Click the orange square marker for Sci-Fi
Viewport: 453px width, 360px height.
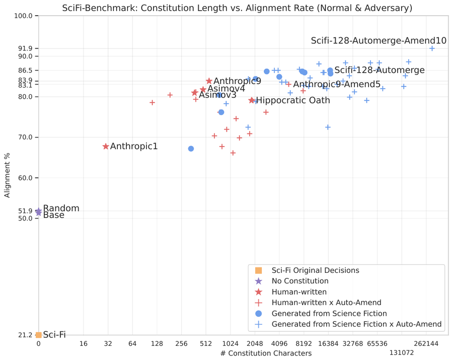38,335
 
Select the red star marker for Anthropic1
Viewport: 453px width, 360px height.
106,147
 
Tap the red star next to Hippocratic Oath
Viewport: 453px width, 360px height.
252,100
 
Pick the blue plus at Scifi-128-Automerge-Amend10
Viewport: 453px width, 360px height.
432,48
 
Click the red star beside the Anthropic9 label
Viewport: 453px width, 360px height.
209,81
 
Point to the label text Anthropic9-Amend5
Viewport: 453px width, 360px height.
337,84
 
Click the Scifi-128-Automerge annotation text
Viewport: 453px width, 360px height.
380,70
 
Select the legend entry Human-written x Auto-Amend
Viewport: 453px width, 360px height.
327,303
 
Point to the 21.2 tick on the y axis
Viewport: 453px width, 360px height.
26,335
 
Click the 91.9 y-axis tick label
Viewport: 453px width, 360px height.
26,48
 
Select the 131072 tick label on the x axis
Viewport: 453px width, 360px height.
402,353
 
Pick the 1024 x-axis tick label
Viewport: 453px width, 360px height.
230,344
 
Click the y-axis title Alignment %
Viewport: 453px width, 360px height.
7,175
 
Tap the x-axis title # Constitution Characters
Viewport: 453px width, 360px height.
266,353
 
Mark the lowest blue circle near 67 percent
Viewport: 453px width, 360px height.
191,149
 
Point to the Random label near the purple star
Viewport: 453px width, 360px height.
61,208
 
